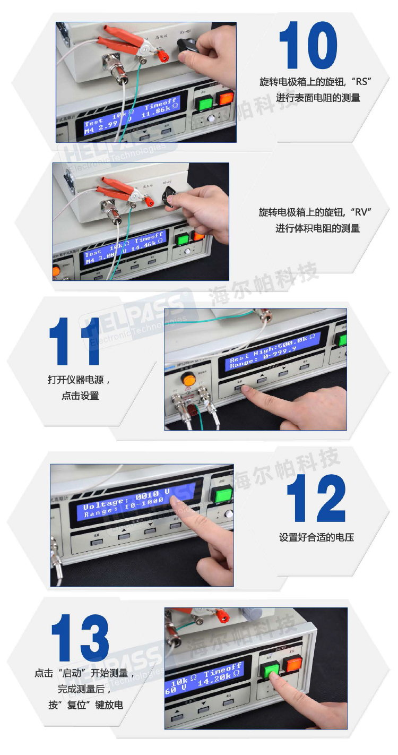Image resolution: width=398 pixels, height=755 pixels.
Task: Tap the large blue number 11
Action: click(75, 342)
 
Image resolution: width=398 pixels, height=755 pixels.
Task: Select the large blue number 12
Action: click(316, 499)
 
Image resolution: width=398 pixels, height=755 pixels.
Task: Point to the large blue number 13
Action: click(80, 639)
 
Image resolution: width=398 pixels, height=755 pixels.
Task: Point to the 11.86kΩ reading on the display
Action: click(160, 111)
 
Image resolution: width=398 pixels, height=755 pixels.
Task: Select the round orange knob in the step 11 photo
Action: click(187, 379)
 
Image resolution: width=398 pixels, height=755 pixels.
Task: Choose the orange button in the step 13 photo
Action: click(292, 663)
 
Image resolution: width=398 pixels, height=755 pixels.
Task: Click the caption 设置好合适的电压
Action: click(316, 537)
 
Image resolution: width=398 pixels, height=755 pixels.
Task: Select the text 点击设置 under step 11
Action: click(80, 396)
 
